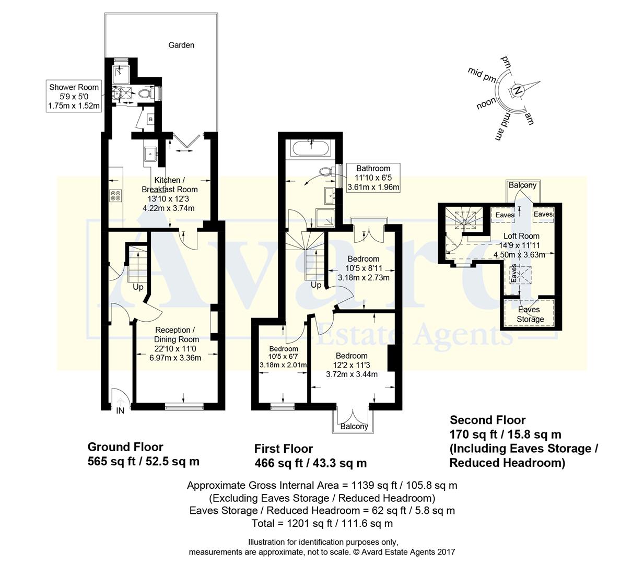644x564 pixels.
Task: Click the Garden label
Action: tap(181, 45)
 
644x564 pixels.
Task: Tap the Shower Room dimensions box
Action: tap(74, 96)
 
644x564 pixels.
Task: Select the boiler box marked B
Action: tap(151, 120)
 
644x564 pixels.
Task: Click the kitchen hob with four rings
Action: tap(115, 196)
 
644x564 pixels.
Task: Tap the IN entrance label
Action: tap(120, 411)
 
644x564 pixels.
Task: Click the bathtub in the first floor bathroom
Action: tap(311, 148)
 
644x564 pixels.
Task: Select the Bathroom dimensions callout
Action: tap(373, 178)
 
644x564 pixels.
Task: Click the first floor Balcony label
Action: tap(354, 427)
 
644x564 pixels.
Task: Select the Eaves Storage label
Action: tap(530, 314)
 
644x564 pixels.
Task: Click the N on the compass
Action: tap(518, 90)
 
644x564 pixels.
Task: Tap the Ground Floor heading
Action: tap(125, 447)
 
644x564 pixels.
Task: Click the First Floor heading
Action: tap(284, 449)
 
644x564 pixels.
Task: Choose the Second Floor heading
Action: tap(488, 420)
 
